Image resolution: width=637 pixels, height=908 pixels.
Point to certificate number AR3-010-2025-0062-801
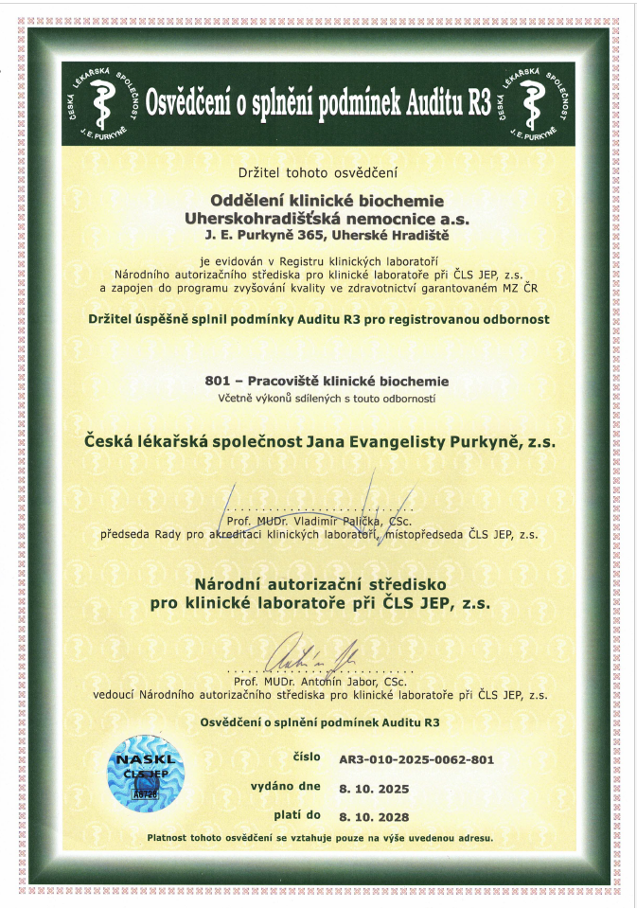(x=416, y=759)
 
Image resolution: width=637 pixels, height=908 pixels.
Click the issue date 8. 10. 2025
(x=376, y=787)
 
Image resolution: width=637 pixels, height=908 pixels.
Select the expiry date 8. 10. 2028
(x=376, y=815)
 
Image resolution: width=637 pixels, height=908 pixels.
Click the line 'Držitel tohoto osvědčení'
(x=318, y=172)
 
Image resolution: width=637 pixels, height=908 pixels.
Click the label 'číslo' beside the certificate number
(x=308, y=758)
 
